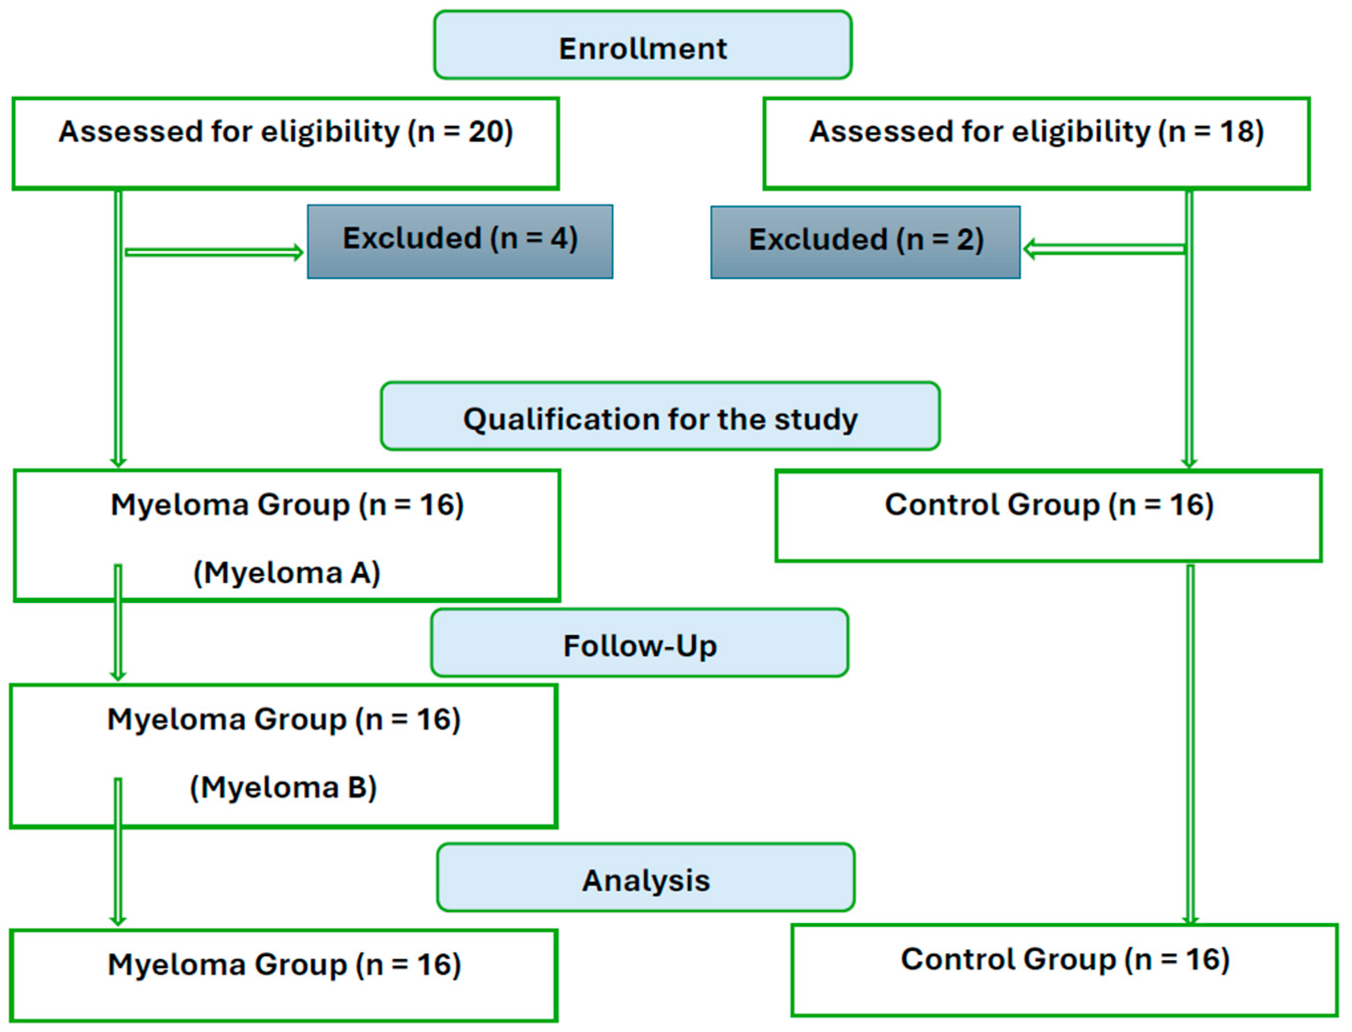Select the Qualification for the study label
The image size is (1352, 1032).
point(660,419)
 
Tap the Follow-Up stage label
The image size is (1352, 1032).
point(640,646)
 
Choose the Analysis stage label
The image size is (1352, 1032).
point(646,880)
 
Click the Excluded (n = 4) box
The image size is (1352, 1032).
point(460,241)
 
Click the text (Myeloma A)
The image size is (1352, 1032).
point(287,573)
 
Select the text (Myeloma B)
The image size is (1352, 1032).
point(283,787)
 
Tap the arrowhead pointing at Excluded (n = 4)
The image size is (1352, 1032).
point(298,252)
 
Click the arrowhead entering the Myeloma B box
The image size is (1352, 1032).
point(119,676)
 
